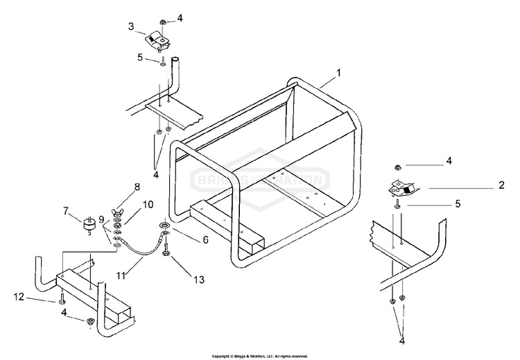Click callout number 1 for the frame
pos(339,71)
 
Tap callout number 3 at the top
pos(130,26)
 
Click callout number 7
pos(67,210)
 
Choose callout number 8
pos(137,187)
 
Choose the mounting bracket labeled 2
pos(400,188)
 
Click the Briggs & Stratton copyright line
pos(259,355)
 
